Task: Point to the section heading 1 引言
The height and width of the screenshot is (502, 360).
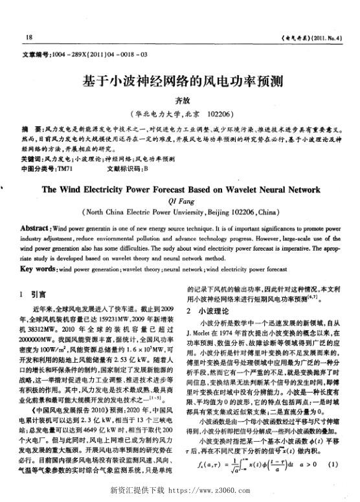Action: [x=32, y=291]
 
